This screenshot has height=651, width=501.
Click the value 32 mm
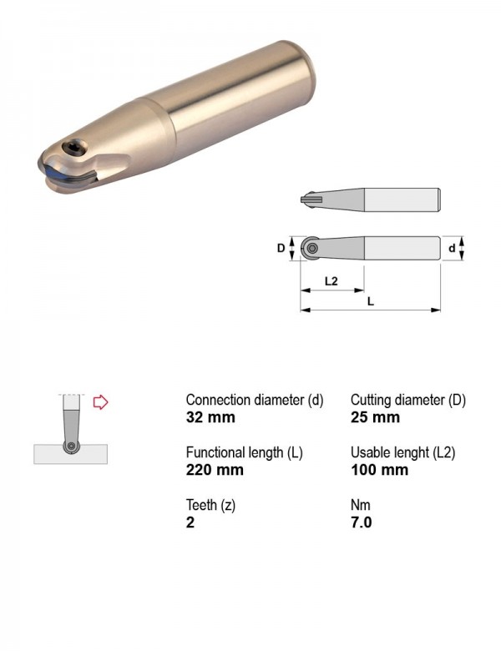pyautogui.click(x=210, y=417)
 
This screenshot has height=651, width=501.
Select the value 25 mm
pyautogui.click(x=375, y=417)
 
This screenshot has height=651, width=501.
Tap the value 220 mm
pyautogui.click(x=215, y=470)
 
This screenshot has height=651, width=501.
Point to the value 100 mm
pyautogui.click(x=380, y=470)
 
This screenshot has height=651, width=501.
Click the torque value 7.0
pyautogui.click(x=361, y=522)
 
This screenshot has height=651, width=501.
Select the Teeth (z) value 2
pyautogui.click(x=190, y=522)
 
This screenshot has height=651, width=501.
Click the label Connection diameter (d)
pyautogui.click(x=254, y=400)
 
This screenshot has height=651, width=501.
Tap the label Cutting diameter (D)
pyautogui.click(x=408, y=400)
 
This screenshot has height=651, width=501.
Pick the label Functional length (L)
pyautogui.click(x=245, y=452)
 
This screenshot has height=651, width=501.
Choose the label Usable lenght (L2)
pyautogui.click(x=403, y=452)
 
